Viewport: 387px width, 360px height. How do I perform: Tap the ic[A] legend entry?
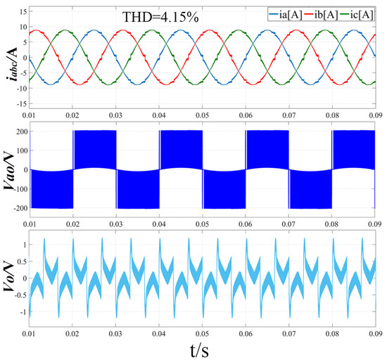coord(363,13)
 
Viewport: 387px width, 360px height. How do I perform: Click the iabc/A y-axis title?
coord(10,56)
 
